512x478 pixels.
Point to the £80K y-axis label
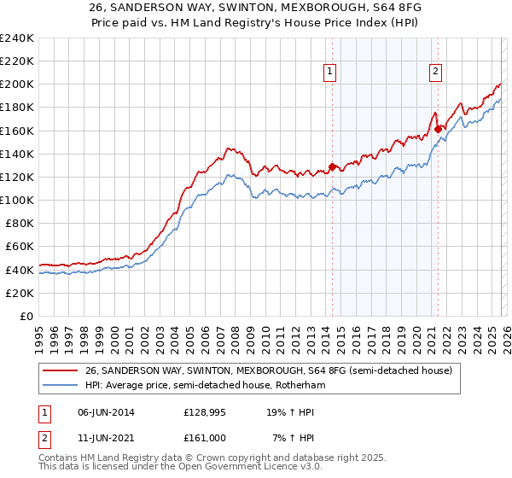click(18, 223)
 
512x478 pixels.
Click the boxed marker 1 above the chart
click(329, 73)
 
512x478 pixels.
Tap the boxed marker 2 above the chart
click(435, 73)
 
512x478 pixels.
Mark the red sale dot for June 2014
click(332, 166)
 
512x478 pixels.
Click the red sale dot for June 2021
click(438, 129)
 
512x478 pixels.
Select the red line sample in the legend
click(61, 370)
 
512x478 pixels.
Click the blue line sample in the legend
click(61, 386)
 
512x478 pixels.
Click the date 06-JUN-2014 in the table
click(104, 411)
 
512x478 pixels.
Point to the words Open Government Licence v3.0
click(253, 468)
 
